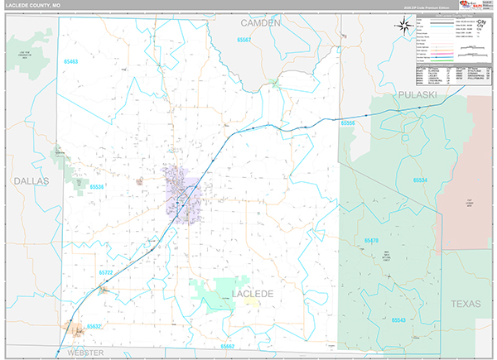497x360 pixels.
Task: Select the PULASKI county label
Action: [x=417, y=94]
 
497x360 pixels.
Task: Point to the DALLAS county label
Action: [x=31, y=180]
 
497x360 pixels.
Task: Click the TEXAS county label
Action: [x=465, y=305]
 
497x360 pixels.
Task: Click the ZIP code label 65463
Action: [x=71, y=62]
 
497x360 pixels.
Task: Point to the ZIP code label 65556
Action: [x=348, y=122]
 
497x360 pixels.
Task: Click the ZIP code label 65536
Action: [x=96, y=187]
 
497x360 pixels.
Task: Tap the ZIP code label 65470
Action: [x=371, y=240]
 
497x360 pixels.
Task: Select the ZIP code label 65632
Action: [x=95, y=326]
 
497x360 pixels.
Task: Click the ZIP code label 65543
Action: [x=398, y=319]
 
